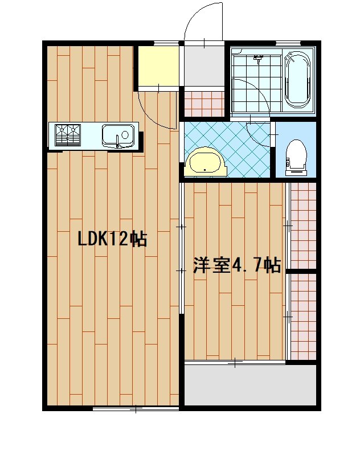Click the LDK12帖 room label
pyautogui.click(x=113, y=239)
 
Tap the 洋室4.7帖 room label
pyautogui.click(x=237, y=265)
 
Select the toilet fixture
pyautogui.click(x=296, y=158)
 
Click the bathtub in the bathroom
pyautogui.click(x=297, y=80)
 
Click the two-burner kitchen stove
pyautogui.click(x=68, y=135)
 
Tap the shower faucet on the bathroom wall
pyautogui.click(x=259, y=59)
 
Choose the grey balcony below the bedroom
pyautogui.click(x=250, y=385)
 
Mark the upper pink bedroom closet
pyautogui.click(x=303, y=226)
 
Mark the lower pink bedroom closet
pyautogui.click(x=303, y=317)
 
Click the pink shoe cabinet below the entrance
pyautogui.click(x=204, y=104)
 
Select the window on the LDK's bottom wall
pyautogui.click(x=136, y=409)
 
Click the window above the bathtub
pyautogui.click(x=288, y=43)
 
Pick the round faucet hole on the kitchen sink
pyautogui.click(x=125, y=134)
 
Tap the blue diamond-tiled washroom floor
pyautogui.click(x=227, y=150)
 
